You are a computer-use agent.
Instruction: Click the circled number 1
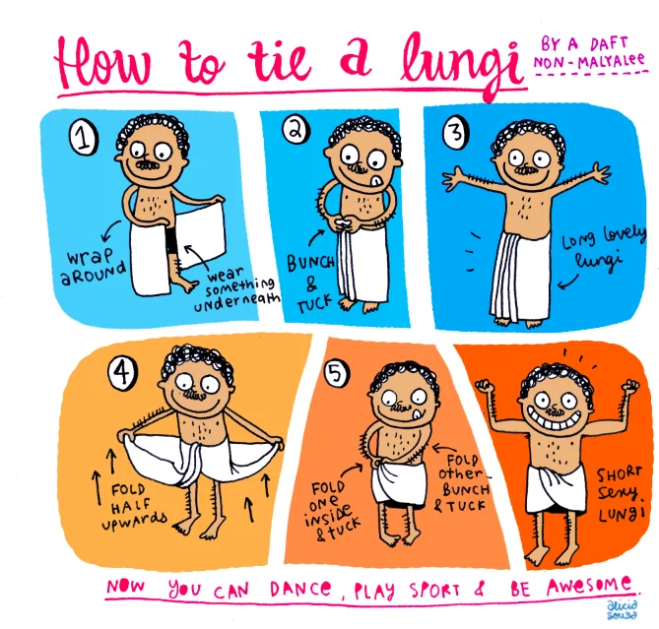click(x=84, y=138)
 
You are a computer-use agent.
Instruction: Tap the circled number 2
click(x=297, y=130)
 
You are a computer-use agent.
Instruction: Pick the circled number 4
click(x=123, y=373)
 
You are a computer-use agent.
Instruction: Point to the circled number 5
click(x=336, y=373)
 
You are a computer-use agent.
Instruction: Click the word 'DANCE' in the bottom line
click(x=300, y=589)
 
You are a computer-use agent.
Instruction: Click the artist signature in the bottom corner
click(x=622, y=610)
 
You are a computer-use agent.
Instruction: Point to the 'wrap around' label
click(x=94, y=265)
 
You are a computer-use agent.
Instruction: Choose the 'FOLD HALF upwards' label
click(x=134, y=505)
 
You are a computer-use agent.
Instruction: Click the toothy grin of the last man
click(x=554, y=418)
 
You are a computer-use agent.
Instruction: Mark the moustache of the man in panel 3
click(x=527, y=170)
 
